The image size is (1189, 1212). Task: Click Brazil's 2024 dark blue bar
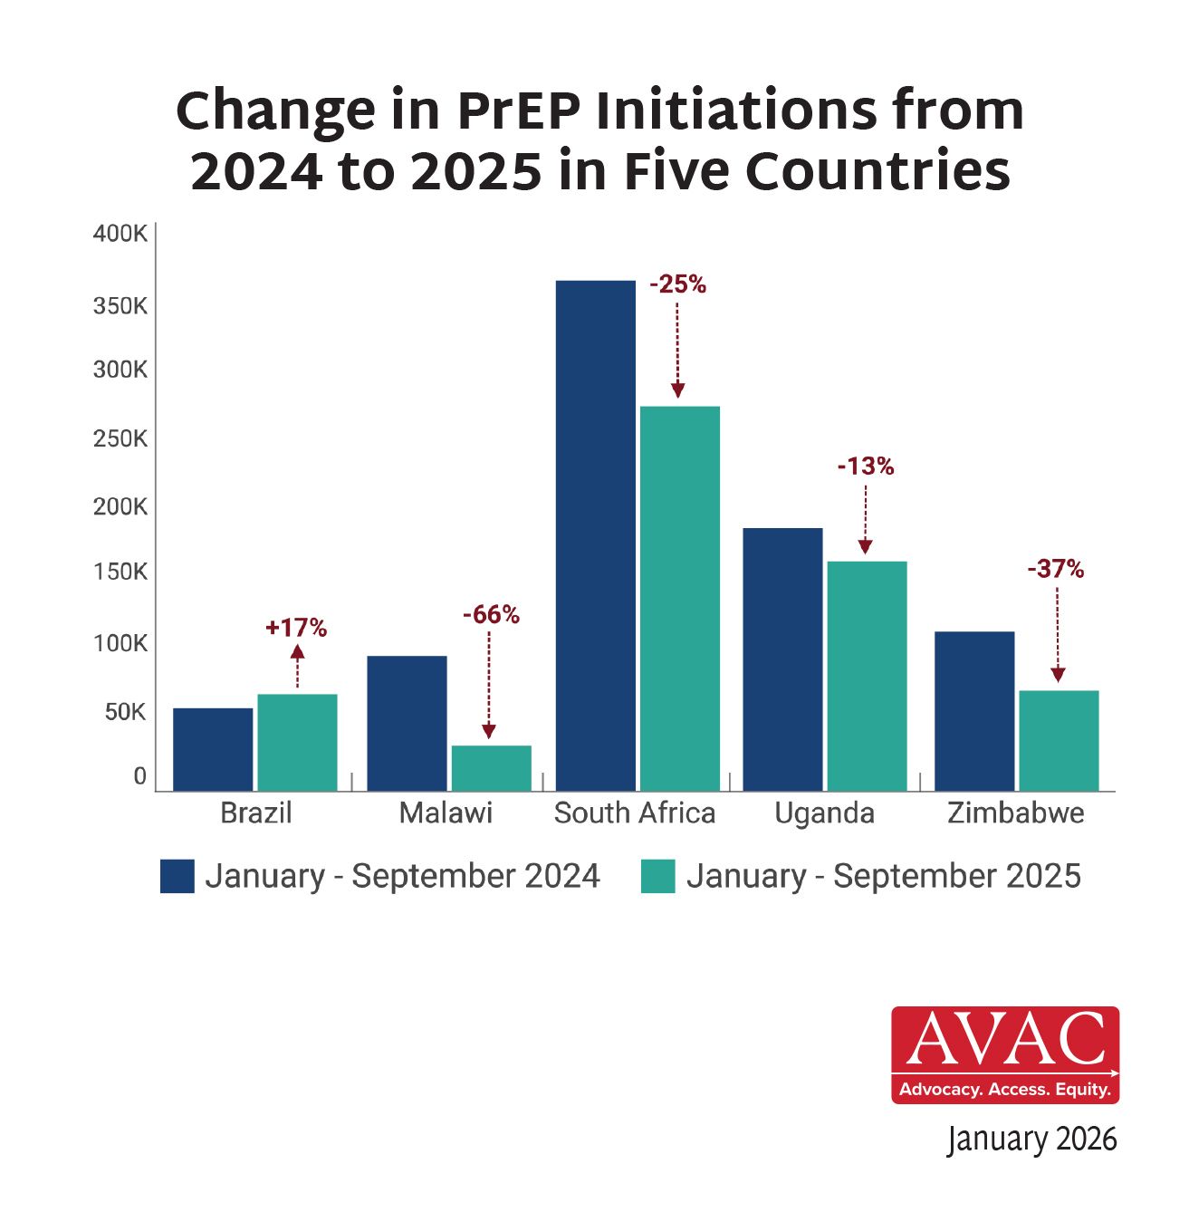(x=213, y=749)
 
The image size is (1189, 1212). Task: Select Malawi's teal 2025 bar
(x=491, y=768)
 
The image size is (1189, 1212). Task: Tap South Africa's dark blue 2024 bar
(x=595, y=535)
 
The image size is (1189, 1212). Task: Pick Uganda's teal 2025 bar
(x=867, y=676)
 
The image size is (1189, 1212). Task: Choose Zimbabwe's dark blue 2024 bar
(x=974, y=711)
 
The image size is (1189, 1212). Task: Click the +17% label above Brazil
(x=296, y=628)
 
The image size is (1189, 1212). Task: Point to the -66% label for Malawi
(x=491, y=615)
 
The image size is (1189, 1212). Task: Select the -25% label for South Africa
(x=677, y=284)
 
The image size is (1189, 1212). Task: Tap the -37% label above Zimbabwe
(x=1055, y=569)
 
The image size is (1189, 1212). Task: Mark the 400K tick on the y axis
(x=120, y=234)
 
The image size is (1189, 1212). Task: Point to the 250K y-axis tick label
(x=120, y=438)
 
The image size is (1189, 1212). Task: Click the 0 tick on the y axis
(x=139, y=776)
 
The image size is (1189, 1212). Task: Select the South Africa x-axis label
(x=635, y=813)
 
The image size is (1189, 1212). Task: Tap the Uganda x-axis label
(x=824, y=813)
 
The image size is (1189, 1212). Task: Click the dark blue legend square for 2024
(x=177, y=876)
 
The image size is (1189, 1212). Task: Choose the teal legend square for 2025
(x=657, y=876)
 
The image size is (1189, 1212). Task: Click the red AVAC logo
(x=1005, y=1054)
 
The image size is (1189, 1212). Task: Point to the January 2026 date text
(x=1031, y=1139)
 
